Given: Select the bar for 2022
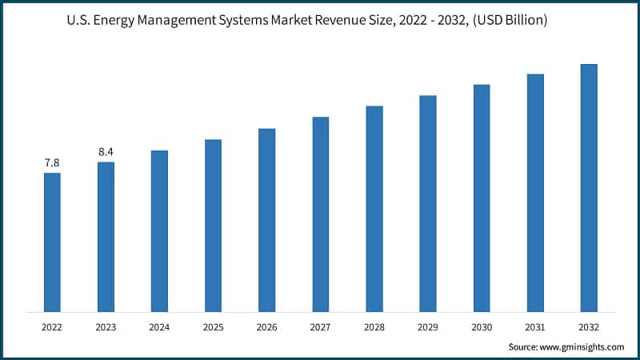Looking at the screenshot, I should pyautogui.click(x=52, y=242).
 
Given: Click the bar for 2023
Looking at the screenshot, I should pyautogui.click(x=106, y=237).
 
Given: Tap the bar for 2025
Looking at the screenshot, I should pyautogui.click(x=213, y=226).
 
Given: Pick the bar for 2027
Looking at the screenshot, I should pyautogui.click(x=320, y=214).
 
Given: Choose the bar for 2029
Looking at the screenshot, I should pyautogui.click(x=428, y=203).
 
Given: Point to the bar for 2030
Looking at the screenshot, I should pyautogui.click(x=482, y=198).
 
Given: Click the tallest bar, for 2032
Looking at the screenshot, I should pyautogui.click(x=589, y=187).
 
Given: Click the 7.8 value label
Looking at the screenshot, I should pyautogui.click(x=52, y=162).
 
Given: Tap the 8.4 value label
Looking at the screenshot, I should pyautogui.click(x=106, y=151).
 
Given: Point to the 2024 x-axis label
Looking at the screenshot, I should pyautogui.click(x=159, y=327).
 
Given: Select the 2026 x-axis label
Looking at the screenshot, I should pyautogui.click(x=266, y=327).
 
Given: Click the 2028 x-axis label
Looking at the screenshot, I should pyautogui.click(x=374, y=327).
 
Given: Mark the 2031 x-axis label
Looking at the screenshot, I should pyautogui.click(x=535, y=327).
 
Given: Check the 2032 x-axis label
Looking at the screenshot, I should pyautogui.click(x=589, y=327).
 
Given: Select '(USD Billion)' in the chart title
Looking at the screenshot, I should pyautogui.click(x=509, y=21).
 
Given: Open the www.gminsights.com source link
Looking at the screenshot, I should pyautogui.click(x=583, y=347).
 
